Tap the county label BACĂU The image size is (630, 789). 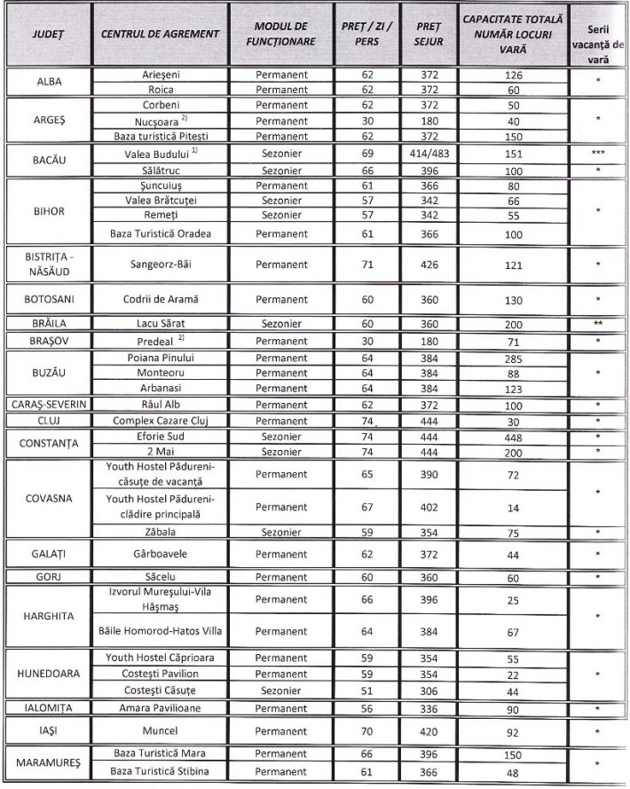[x=47, y=161]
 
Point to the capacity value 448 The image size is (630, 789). [x=513, y=437]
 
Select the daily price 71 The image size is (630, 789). [x=367, y=264]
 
